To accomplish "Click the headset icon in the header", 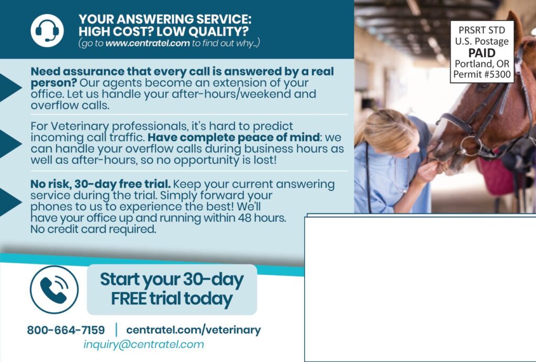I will point(47,30).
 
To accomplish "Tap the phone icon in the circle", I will point(54,289).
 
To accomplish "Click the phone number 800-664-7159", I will point(66,331).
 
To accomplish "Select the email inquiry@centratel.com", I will point(143,345).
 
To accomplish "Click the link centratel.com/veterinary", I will point(193,330).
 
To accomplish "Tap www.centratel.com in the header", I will point(147,43).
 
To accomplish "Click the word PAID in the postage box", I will point(482,53).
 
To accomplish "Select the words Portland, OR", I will point(482,64).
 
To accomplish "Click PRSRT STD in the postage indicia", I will point(482,30).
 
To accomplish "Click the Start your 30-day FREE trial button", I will point(172,289).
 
